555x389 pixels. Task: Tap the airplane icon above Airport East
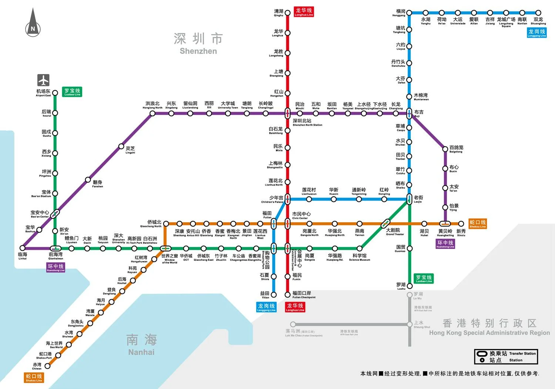(43, 80)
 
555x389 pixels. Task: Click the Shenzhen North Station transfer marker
(287, 113)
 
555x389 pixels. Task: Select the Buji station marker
(409, 113)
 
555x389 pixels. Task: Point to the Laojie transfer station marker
(409, 199)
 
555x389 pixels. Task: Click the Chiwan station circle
(47, 366)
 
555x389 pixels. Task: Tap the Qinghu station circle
(287, 13)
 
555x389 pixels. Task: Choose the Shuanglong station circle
(538, 13)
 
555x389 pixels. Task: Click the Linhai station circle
(23, 248)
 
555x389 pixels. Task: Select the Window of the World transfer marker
(165, 248)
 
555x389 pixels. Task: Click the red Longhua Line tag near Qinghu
(304, 12)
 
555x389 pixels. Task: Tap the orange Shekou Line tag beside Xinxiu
(477, 224)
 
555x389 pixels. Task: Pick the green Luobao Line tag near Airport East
(72, 92)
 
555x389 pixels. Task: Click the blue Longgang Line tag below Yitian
(266, 307)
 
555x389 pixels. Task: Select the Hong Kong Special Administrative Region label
(489, 327)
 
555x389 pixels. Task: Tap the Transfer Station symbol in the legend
(482, 354)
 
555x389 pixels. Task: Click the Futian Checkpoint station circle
(287, 295)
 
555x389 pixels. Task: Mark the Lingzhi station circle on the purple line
(121, 146)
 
